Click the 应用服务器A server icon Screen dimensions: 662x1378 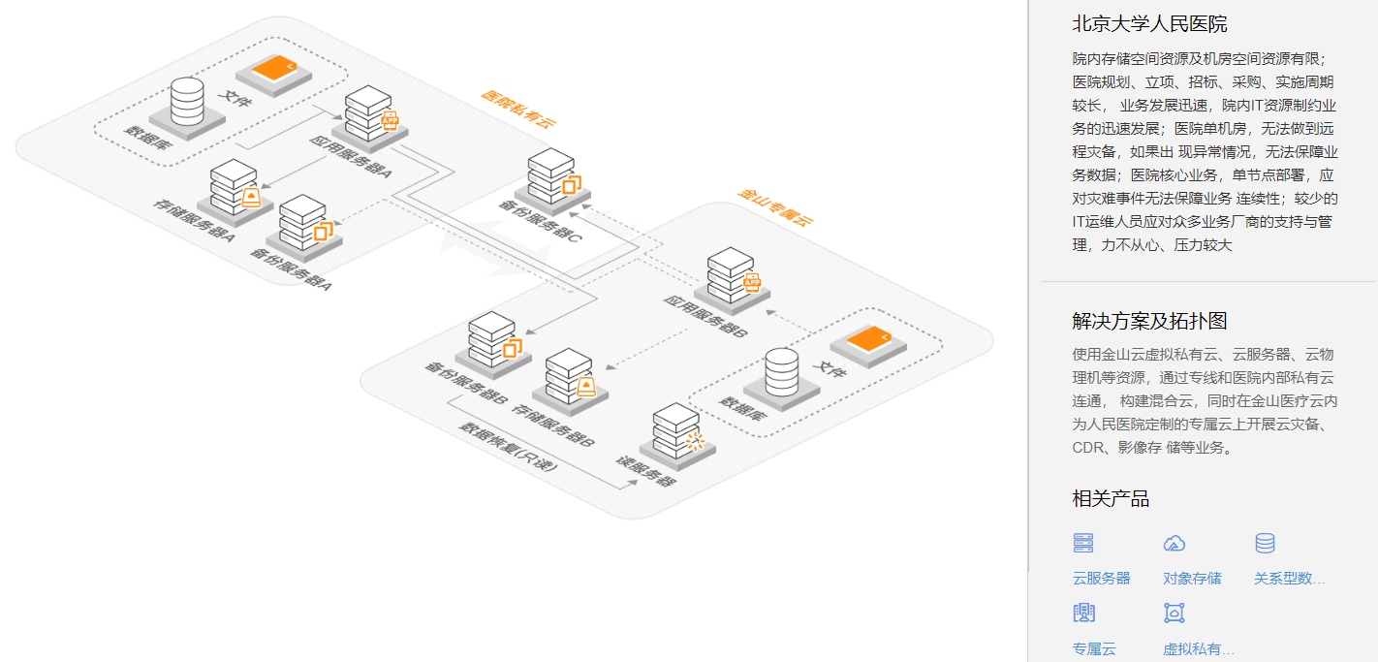click(x=368, y=113)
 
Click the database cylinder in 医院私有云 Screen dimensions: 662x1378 click(x=186, y=101)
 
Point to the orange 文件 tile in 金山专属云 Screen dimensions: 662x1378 click(x=866, y=341)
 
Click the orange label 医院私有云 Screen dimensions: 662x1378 click(x=519, y=109)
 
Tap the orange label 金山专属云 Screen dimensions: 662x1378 click(x=775, y=207)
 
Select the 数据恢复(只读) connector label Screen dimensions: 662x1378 click(x=508, y=445)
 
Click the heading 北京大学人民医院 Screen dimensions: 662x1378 click(x=1149, y=24)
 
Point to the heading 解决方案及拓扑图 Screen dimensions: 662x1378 click(x=1149, y=321)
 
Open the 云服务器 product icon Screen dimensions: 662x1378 click(x=1082, y=544)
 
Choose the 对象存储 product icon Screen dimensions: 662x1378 click(x=1174, y=544)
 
